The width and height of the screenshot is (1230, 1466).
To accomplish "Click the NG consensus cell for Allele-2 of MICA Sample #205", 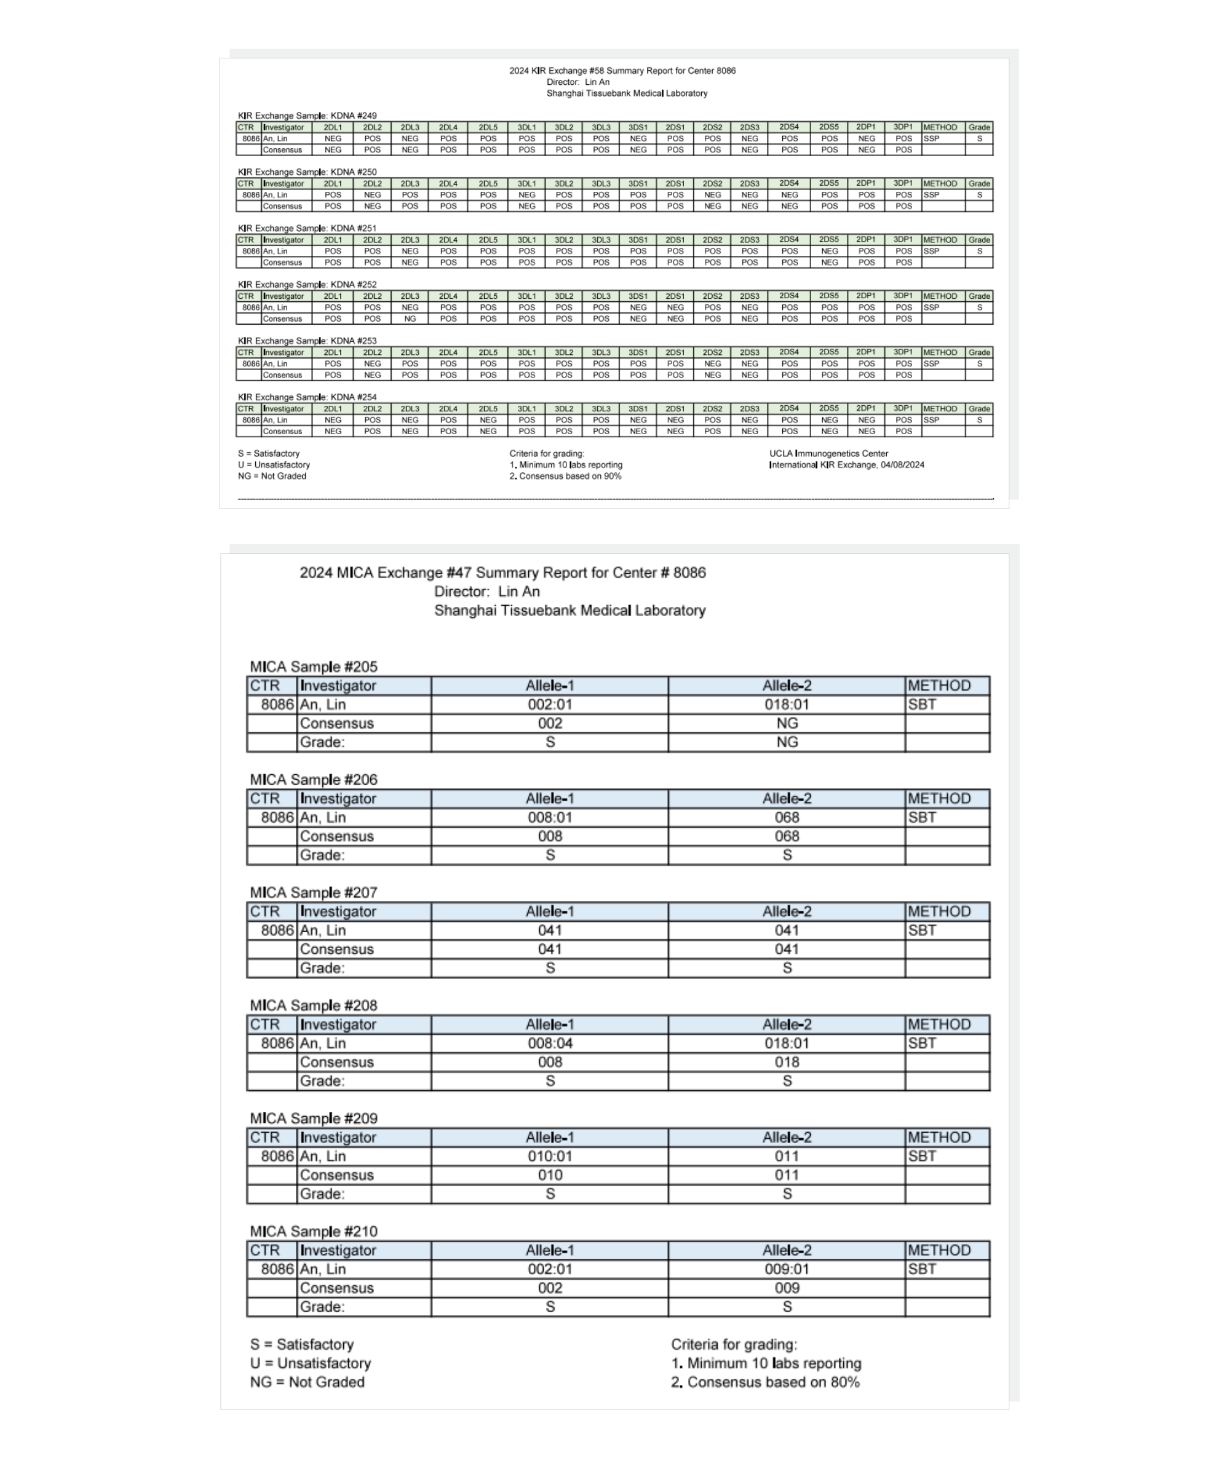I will [787, 723].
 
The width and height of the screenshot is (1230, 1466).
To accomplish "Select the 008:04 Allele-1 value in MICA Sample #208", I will [550, 1043].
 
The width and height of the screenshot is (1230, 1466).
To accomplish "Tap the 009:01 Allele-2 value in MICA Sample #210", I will [787, 1269].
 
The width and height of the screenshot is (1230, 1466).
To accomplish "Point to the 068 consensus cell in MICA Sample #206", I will [787, 836].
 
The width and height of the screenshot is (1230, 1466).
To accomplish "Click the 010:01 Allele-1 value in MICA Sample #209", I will [550, 1156].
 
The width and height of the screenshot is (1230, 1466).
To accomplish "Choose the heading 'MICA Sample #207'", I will [314, 892].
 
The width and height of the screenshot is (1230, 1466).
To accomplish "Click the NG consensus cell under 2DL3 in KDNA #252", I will [410, 319].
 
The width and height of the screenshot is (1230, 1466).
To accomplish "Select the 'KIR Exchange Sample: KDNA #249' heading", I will [307, 116].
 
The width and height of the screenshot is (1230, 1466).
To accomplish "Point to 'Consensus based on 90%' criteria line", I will [569, 476].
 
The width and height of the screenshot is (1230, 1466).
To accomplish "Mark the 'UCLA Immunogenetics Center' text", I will [828, 454].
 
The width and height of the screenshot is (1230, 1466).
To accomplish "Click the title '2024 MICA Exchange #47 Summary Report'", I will [502, 573].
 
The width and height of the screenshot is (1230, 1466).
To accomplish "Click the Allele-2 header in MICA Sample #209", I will [787, 1137].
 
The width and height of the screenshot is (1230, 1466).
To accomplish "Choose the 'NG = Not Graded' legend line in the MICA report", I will [307, 1382].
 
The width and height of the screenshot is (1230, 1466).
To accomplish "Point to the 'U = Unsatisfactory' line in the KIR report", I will [274, 465].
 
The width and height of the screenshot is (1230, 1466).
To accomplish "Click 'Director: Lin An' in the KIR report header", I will [578, 82].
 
